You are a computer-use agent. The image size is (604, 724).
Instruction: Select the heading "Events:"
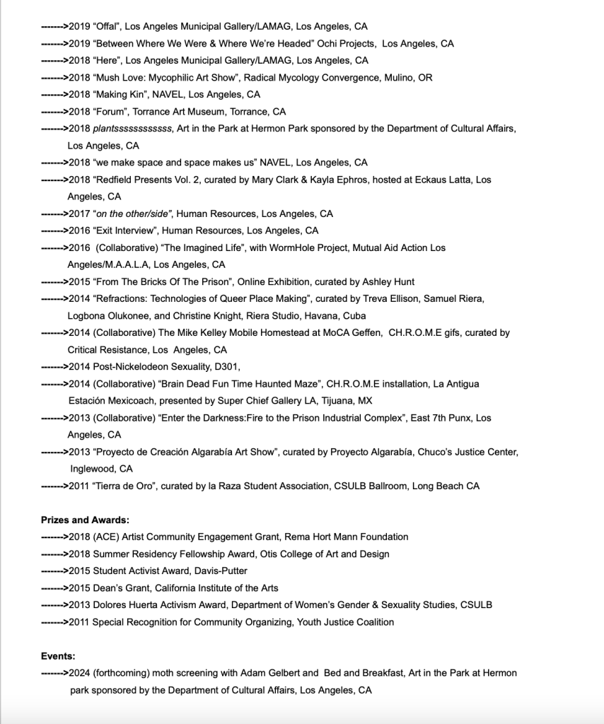tap(58, 656)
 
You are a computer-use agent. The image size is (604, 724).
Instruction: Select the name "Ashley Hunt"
tap(389, 282)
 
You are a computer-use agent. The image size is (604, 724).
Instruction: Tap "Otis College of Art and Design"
tap(323, 554)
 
